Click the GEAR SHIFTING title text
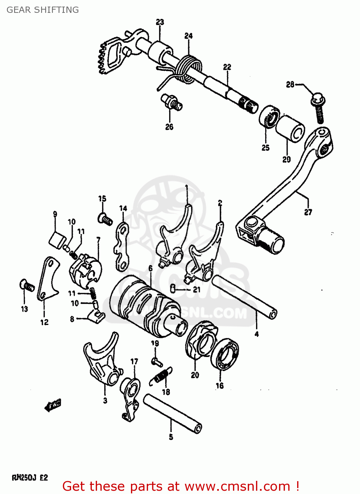point(43,10)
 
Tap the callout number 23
point(160,22)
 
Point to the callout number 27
point(308,212)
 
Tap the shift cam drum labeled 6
point(145,306)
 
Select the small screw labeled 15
point(105,218)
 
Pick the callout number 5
point(171,437)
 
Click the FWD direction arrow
point(53,405)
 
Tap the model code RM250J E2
point(30,477)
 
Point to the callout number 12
point(44,322)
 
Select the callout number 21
point(196,290)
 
